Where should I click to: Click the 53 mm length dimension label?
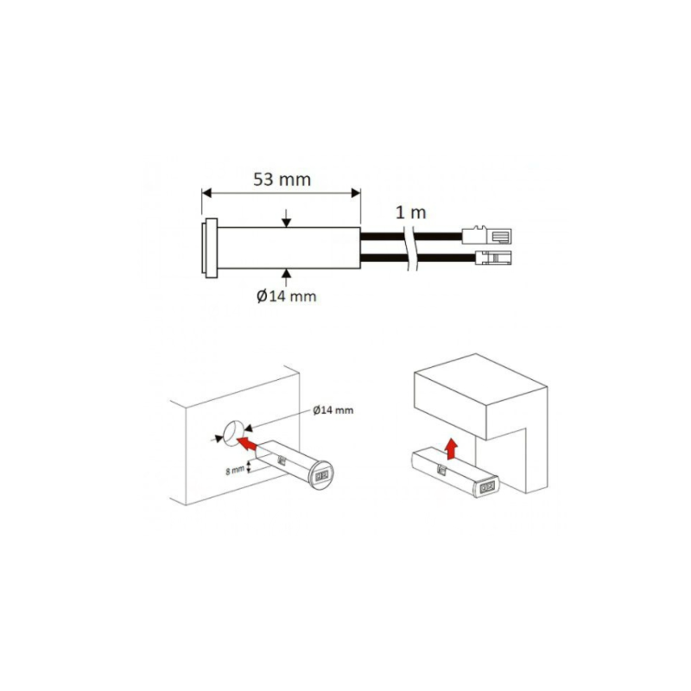point(282,180)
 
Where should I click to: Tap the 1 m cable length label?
point(411,212)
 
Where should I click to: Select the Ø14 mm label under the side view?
point(287,296)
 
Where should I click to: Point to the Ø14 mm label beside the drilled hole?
point(333,410)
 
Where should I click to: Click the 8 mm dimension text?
point(235,470)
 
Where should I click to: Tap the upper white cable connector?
point(486,236)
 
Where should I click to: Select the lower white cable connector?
point(493,257)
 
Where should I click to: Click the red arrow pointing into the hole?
point(247,443)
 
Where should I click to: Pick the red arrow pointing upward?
point(451,449)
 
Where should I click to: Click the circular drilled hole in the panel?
point(233,433)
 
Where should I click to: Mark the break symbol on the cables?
point(409,248)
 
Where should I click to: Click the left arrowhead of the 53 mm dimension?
point(207,193)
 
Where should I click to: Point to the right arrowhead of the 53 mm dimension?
point(356,193)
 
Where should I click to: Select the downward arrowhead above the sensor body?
point(287,223)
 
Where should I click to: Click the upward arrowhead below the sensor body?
point(287,273)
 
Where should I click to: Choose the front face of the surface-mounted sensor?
point(486,486)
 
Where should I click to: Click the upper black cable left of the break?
point(383,236)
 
